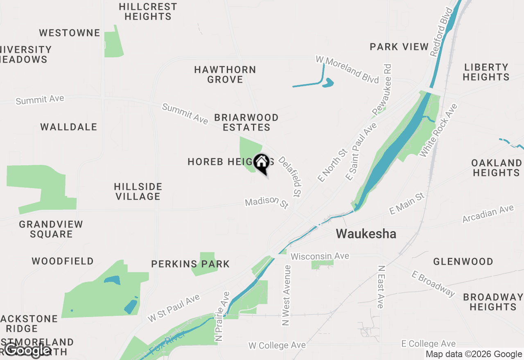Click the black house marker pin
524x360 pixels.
click(261, 163)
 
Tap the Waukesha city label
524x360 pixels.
click(366, 234)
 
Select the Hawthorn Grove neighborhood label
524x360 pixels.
click(225, 74)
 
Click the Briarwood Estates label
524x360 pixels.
click(246, 122)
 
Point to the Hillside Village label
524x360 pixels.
click(138, 191)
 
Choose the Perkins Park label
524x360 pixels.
click(190, 264)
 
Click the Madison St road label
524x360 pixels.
click(267, 202)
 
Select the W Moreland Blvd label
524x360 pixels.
click(347, 70)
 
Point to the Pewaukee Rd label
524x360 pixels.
click(382, 89)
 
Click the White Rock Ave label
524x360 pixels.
click(438, 130)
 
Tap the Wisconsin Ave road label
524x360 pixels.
click(320, 256)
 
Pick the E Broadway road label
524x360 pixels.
click(434, 283)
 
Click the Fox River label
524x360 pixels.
click(167, 343)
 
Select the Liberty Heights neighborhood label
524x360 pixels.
click(486, 72)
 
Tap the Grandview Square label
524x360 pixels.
click(51, 229)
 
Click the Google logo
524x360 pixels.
click(27, 350)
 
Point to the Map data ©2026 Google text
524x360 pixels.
click(474, 354)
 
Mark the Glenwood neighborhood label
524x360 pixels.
click(463, 261)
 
